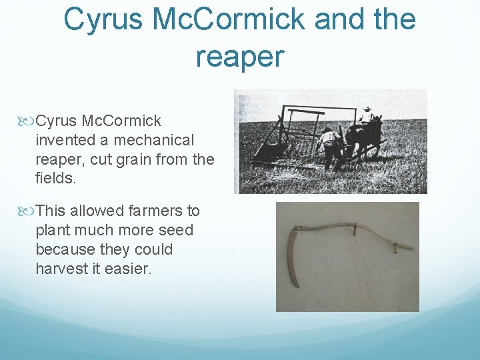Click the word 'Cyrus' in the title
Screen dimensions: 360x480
point(103,19)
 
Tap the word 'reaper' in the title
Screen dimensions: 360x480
point(239,57)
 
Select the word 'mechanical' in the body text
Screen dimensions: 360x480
point(154,141)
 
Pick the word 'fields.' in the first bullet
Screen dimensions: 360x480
point(56,179)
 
